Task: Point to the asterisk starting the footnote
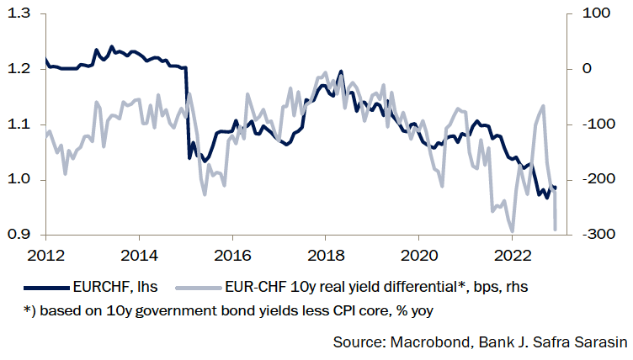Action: tap(29, 310)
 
